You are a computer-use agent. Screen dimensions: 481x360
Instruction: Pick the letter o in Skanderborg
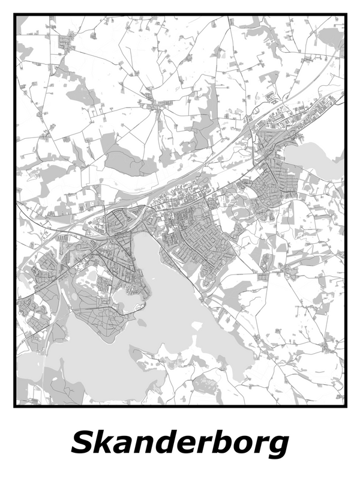239,446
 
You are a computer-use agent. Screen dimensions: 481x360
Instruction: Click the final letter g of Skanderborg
277,448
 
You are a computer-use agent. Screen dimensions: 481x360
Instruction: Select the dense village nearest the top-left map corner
65,42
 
